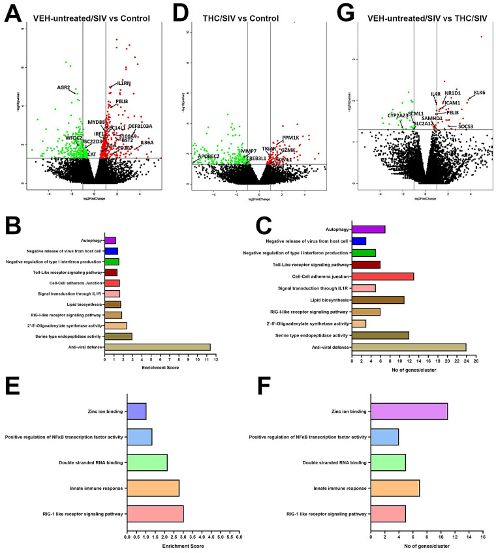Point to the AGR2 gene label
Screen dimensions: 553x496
click(63, 87)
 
